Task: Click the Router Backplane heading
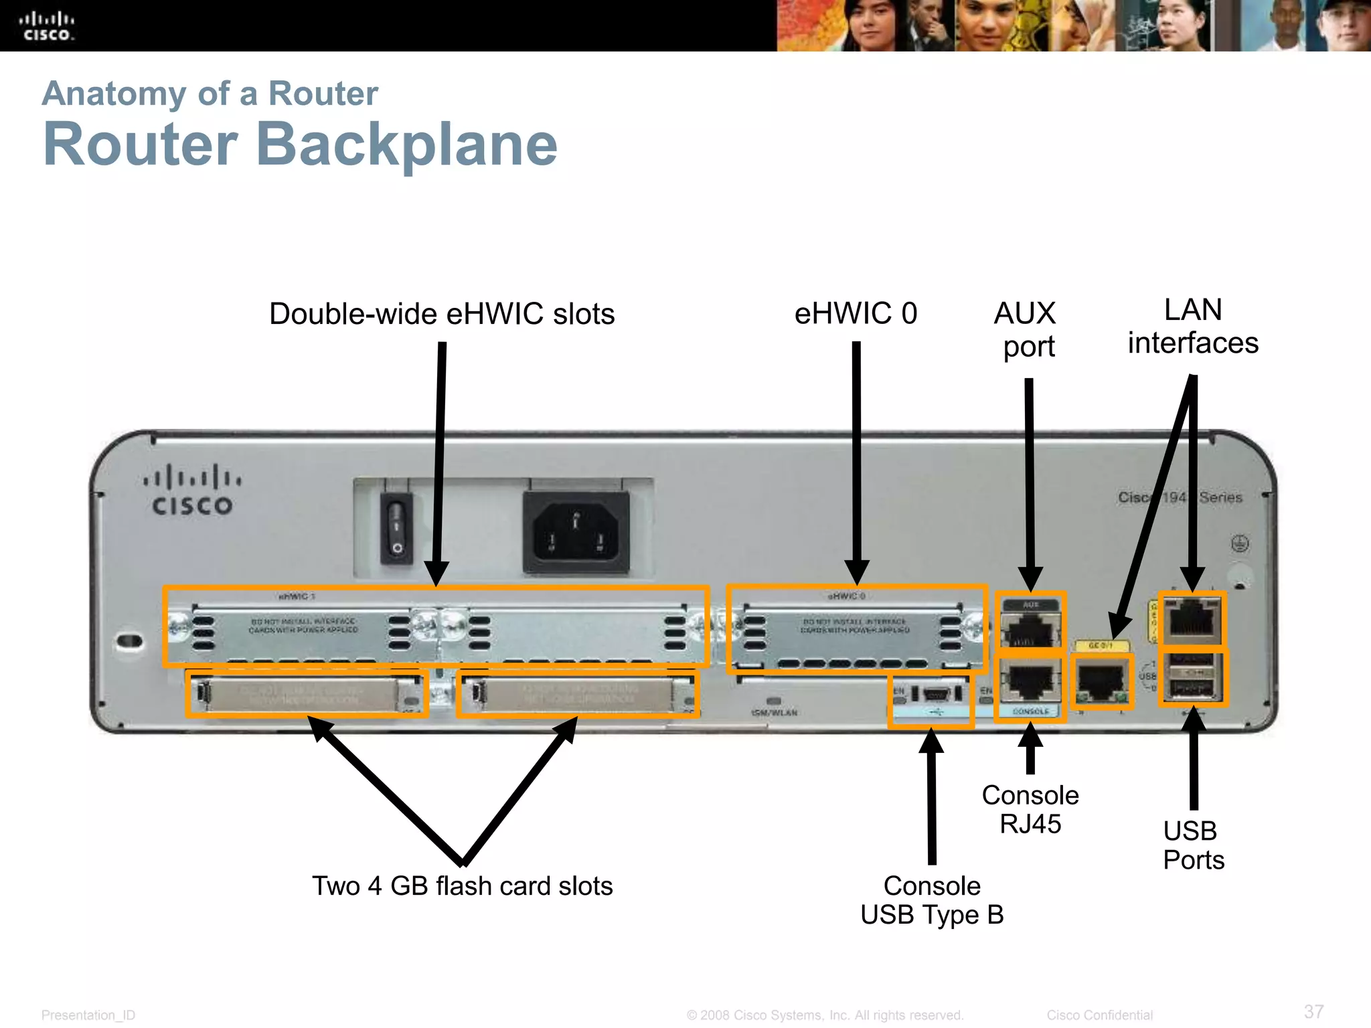pyautogui.click(x=300, y=145)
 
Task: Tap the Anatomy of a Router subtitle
pyautogui.click(x=210, y=93)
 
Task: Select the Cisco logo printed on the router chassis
pyautogui.click(x=192, y=491)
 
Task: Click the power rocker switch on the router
pyautogui.click(x=396, y=527)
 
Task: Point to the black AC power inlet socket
pyautogui.click(x=576, y=532)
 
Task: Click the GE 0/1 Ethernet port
pyautogui.click(x=1101, y=681)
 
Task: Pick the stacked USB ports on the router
pyautogui.click(x=1194, y=677)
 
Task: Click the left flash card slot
pyautogui.click(x=306, y=694)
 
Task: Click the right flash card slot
pyautogui.click(x=578, y=695)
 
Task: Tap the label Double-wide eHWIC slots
pyautogui.click(x=442, y=314)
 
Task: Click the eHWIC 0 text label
pyautogui.click(x=856, y=313)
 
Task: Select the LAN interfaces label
pyautogui.click(x=1193, y=327)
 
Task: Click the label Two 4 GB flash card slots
pyautogui.click(x=462, y=885)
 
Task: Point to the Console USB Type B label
pyautogui.click(x=932, y=900)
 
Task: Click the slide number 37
pyautogui.click(x=1313, y=1011)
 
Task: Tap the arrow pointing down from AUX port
pyautogui.click(x=1030, y=482)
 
